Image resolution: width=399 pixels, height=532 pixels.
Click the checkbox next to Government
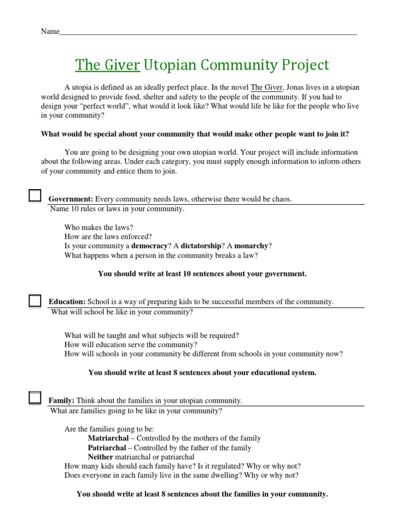(x=35, y=196)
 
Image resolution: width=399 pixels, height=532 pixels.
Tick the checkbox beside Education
(x=35, y=301)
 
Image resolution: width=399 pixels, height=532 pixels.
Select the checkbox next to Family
(x=35, y=398)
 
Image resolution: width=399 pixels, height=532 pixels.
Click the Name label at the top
(x=50, y=32)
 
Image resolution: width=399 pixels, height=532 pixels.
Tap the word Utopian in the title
(x=168, y=65)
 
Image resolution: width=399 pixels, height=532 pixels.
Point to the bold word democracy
(x=150, y=245)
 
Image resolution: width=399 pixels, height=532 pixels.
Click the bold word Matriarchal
(x=107, y=438)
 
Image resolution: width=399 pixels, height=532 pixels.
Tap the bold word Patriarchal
(x=107, y=448)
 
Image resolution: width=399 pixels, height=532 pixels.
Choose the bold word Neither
(x=100, y=457)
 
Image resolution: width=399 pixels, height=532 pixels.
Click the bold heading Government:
(x=71, y=199)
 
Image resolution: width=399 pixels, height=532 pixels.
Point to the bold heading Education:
(x=67, y=302)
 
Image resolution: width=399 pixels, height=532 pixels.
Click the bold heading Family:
(x=61, y=401)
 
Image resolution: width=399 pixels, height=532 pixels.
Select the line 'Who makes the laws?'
(x=99, y=227)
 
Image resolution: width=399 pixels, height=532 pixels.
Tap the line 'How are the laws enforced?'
(x=108, y=236)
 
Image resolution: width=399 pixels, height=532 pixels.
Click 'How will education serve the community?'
(x=131, y=344)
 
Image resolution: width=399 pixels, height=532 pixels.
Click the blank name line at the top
(x=208, y=32)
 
